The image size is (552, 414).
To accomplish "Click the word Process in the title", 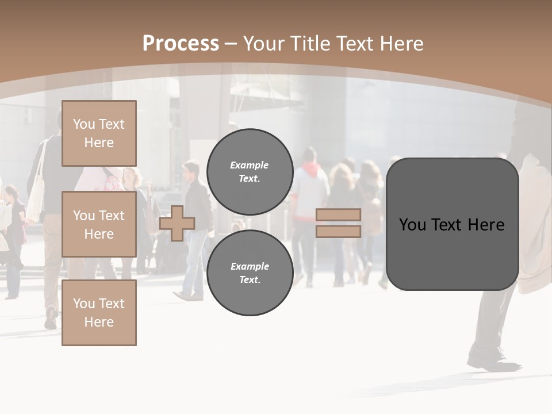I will [181, 44].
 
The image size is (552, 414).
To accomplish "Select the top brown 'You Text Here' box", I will [99, 133].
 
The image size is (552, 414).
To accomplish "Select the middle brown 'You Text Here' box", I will [99, 224].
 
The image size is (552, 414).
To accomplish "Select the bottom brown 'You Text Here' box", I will [99, 313].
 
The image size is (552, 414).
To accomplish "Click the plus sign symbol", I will [177, 223].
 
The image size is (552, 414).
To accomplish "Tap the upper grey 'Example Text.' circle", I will [250, 171].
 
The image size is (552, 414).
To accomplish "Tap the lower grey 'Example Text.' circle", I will [250, 273].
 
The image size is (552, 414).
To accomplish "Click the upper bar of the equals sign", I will [339, 214].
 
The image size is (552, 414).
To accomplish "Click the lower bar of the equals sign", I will [339, 231].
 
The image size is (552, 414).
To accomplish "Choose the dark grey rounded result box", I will [452, 224].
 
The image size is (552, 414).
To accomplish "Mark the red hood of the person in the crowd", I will [310, 169].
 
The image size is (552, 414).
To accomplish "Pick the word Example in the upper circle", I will [250, 165].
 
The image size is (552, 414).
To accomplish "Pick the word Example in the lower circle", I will [250, 266].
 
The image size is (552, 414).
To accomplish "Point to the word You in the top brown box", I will [84, 124].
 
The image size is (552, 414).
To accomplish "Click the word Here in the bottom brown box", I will [99, 322].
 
